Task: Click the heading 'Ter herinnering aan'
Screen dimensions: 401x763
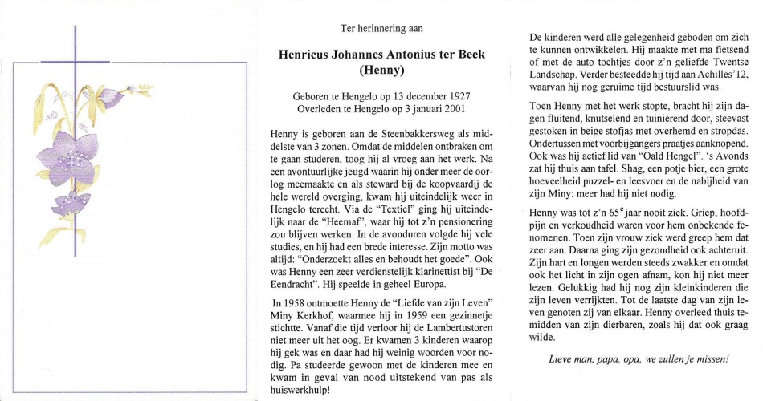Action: pos(381,28)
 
